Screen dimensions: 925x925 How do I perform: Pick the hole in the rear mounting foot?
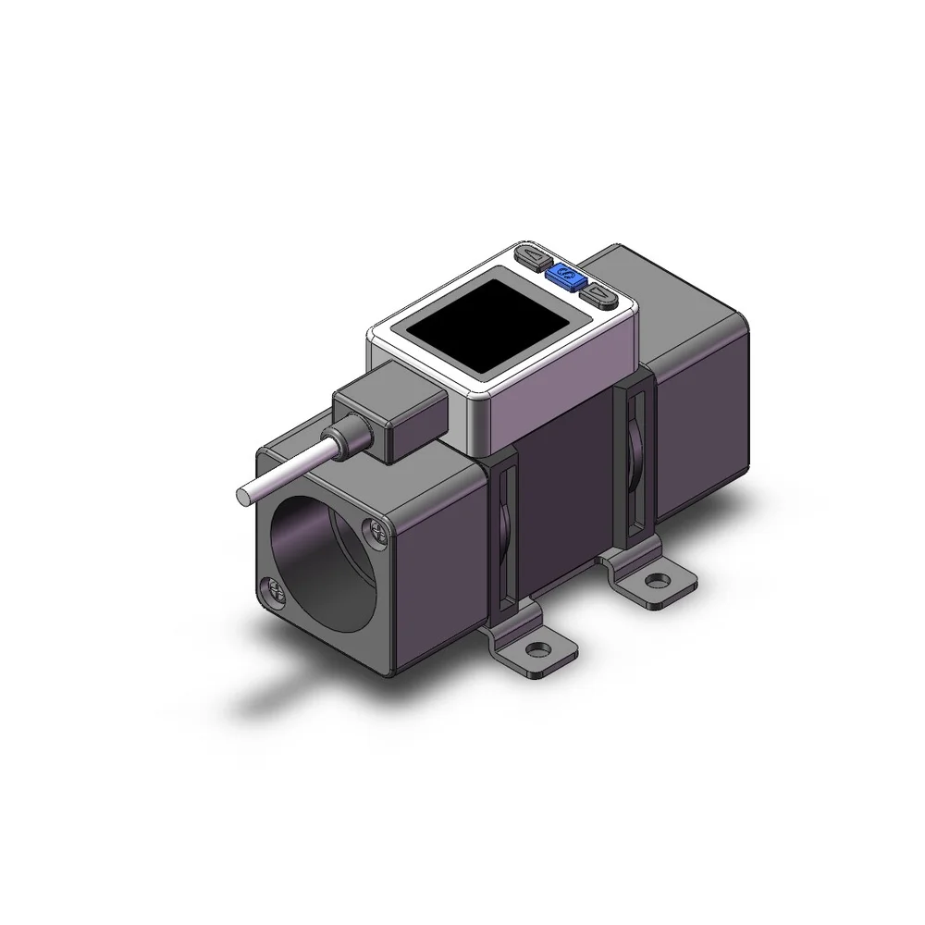coord(658,581)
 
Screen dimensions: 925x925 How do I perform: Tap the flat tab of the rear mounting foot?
coord(666,592)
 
